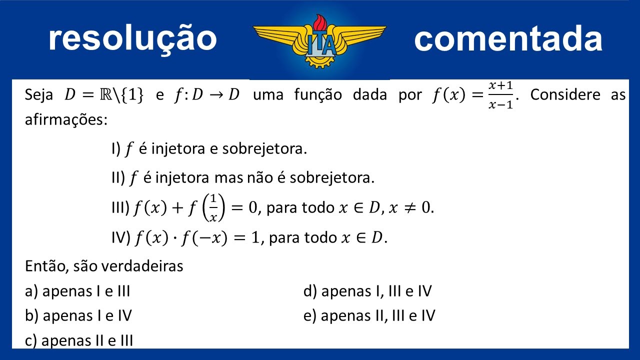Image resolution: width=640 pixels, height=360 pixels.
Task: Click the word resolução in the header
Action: [x=132, y=39]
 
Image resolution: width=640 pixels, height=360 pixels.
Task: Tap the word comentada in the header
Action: [x=508, y=39]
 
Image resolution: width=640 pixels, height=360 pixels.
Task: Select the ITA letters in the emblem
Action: [x=320, y=46]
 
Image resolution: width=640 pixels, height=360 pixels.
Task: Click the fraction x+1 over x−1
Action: [x=501, y=95]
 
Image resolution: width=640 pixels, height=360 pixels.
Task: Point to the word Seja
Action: [x=39, y=95]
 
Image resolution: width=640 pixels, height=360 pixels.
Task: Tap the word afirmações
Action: [x=66, y=120]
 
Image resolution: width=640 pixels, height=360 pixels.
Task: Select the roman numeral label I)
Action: [x=116, y=149]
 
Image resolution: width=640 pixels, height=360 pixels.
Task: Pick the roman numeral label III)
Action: [x=120, y=207]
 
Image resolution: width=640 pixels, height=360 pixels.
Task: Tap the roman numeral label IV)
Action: [x=120, y=237]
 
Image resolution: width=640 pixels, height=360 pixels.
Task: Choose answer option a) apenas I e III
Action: [x=77, y=291]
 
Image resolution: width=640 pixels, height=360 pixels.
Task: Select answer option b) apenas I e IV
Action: [x=78, y=315]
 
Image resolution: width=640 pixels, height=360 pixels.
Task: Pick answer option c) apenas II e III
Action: [x=79, y=340]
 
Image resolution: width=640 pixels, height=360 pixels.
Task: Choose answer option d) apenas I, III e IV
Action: [x=367, y=291]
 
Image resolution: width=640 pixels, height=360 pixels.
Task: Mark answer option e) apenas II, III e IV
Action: [x=369, y=315]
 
